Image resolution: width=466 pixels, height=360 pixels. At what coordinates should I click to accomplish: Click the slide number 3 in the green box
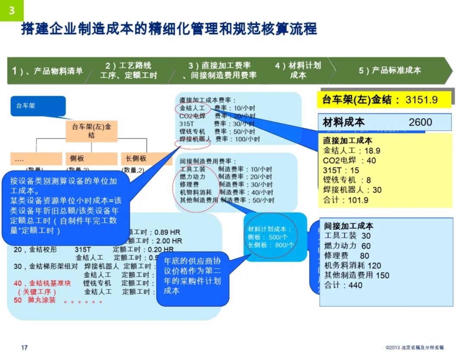coord(12,10)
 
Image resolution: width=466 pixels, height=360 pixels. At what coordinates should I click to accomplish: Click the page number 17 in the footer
coord(25,347)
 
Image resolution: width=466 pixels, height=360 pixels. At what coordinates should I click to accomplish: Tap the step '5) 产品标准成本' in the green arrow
coord(390,70)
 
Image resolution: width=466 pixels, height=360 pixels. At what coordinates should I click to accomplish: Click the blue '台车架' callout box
coord(38,106)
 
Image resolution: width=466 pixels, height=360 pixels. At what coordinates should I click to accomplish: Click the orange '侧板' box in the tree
coord(91,159)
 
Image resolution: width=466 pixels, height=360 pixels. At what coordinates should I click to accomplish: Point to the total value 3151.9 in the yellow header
coord(421,100)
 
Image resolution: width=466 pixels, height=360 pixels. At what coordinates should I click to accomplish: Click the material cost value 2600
coord(420,122)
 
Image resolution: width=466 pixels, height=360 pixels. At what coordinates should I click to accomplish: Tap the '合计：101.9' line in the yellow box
coord(346,200)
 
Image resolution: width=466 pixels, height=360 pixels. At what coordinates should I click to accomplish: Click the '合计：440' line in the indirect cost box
coord(343,285)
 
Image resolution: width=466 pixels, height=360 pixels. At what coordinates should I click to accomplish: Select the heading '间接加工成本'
coord(349,226)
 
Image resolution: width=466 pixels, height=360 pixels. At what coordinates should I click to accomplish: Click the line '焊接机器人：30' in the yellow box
coord(353,190)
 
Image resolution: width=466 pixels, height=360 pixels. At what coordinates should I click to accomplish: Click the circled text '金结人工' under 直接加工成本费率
coord(192,108)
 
